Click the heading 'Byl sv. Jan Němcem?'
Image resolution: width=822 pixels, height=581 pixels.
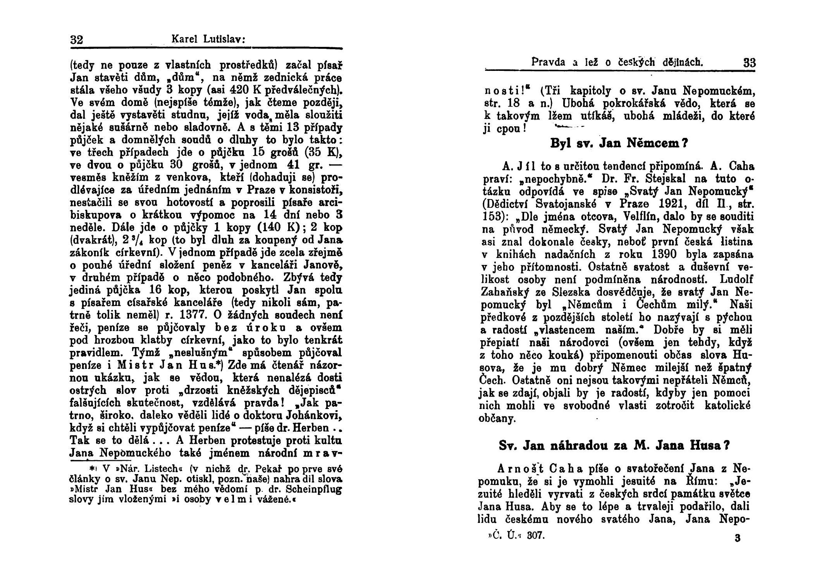point(618,144)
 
